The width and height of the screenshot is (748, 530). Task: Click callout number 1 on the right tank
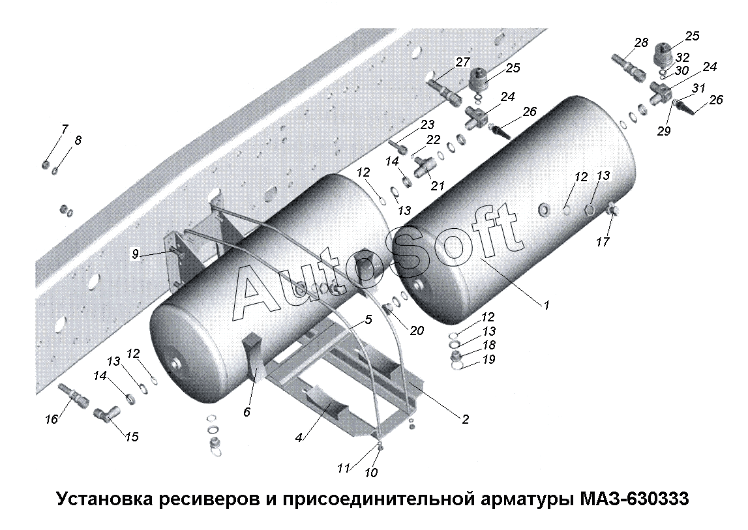pyautogui.click(x=546, y=304)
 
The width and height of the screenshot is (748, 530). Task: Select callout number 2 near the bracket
pyautogui.click(x=465, y=419)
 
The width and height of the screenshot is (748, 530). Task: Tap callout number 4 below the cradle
pyautogui.click(x=299, y=437)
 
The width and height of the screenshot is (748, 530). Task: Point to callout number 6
pyautogui.click(x=247, y=412)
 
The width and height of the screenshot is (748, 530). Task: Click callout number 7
pyautogui.click(x=64, y=130)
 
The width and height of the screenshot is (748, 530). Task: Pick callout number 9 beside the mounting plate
pyautogui.click(x=136, y=255)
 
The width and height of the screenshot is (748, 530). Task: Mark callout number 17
pyautogui.click(x=603, y=242)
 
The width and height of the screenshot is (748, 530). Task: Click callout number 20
pyautogui.click(x=417, y=331)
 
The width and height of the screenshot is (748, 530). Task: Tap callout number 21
pyautogui.click(x=437, y=186)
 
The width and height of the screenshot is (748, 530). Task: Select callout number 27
pyautogui.click(x=462, y=63)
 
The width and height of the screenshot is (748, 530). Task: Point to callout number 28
pyautogui.click(x=641, y=43)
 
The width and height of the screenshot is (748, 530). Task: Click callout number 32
pyautogui.click(x=682, y=57)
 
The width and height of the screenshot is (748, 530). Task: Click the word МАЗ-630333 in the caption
pyautogui.click(x=630, y=500)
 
